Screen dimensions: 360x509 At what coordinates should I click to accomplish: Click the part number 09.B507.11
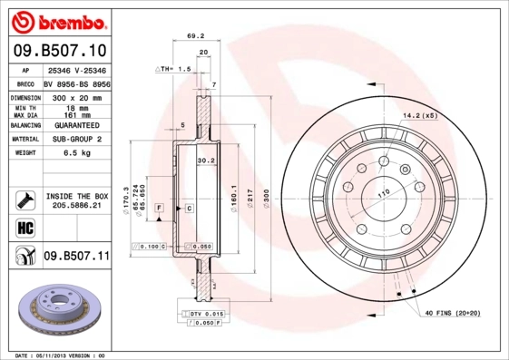[x=75, y=257]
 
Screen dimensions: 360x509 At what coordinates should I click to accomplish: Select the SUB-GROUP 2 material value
[x=75, y=139]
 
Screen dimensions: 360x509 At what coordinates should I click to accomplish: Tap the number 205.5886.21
[x=77, y=206]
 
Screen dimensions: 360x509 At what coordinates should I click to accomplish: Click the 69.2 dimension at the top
[x=193, y=35]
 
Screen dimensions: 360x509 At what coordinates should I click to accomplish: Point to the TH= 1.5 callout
[x=172, y=68]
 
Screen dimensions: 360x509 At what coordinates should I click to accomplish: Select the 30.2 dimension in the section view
[x=205, y=161]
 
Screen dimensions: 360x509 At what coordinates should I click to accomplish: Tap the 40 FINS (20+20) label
[x=454, y=314]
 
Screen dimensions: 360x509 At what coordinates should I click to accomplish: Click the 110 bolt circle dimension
[x=383, y=193]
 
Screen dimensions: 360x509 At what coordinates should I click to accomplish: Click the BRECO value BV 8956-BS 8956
[x=75, y=82]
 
